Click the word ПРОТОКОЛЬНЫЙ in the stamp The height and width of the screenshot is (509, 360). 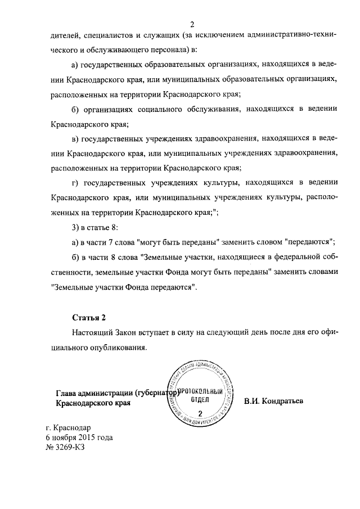[x=201, y=391]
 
